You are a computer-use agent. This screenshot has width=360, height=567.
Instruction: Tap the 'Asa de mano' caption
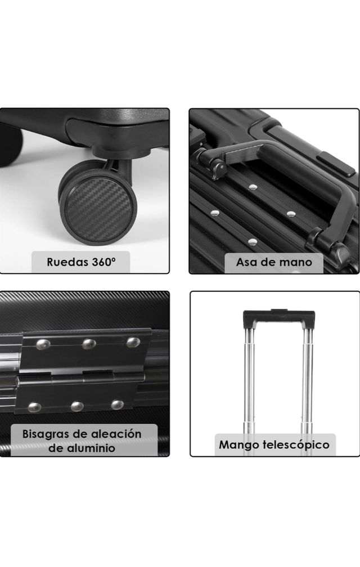274,262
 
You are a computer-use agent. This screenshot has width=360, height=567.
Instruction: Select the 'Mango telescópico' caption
274,445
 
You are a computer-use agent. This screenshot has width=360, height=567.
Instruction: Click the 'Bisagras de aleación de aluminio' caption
82,441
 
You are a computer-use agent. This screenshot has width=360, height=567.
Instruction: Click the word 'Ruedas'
67,262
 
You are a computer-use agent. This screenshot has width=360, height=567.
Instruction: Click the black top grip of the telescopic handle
278,319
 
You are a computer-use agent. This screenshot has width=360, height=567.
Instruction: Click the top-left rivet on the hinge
43,344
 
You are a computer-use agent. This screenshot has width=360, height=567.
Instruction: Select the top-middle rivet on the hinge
89,343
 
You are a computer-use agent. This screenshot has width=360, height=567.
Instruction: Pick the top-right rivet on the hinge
133,342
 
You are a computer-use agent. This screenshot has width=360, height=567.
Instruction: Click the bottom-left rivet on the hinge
34,407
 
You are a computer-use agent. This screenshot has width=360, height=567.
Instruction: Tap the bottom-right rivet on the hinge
117,404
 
